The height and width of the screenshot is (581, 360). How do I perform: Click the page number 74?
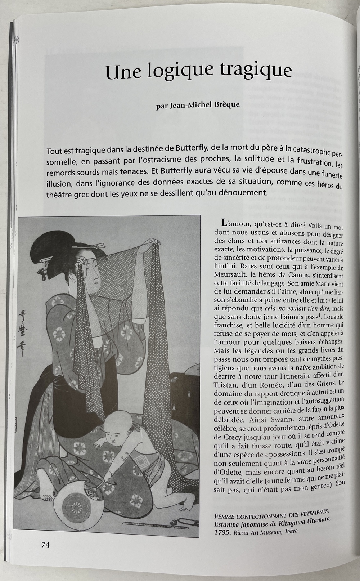[45, 545]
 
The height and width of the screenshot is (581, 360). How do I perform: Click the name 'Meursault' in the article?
[231, 276]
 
